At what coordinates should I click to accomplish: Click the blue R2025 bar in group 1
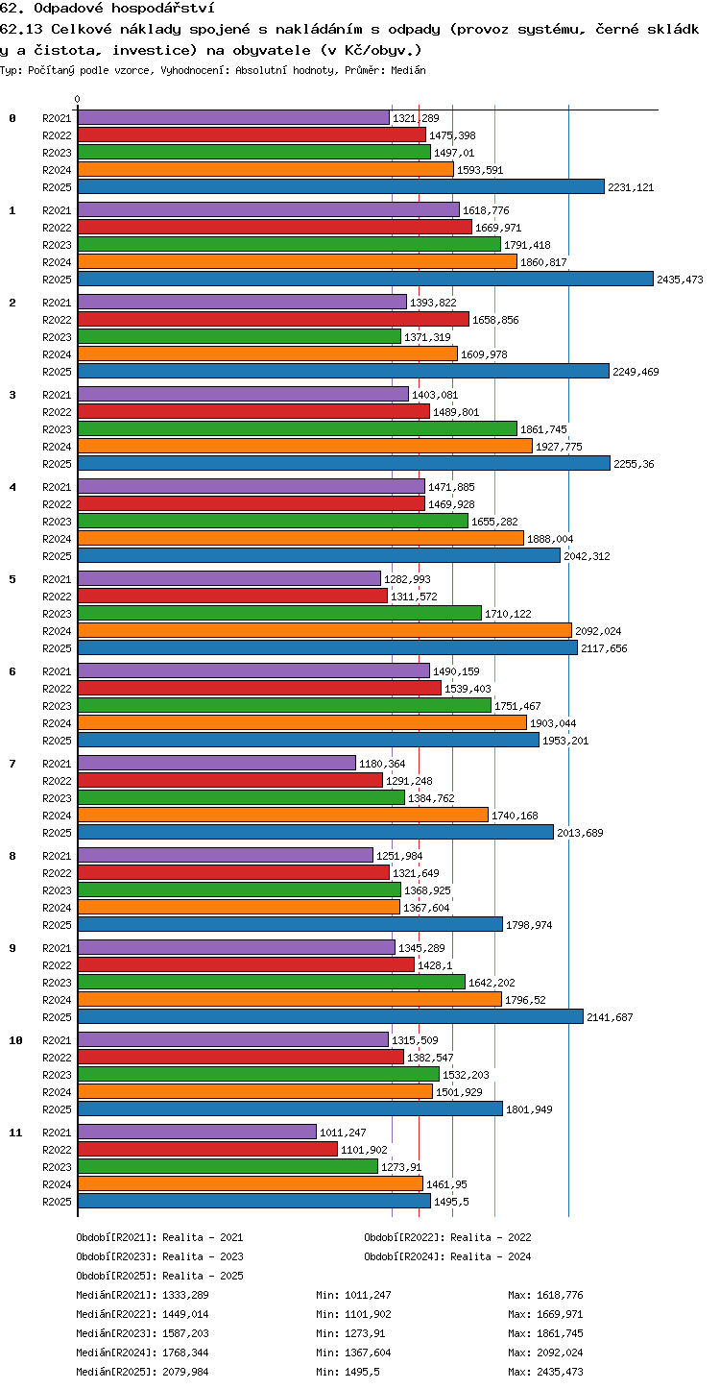366,279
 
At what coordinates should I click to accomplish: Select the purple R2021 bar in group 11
197,1132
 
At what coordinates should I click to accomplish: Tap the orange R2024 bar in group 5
324,631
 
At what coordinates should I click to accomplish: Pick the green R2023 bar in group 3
298,428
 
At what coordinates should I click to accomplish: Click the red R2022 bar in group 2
274,319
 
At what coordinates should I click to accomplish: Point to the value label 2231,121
631,187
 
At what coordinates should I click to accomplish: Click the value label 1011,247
343,1133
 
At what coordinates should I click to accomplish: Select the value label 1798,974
529,924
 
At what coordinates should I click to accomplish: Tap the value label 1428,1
435,964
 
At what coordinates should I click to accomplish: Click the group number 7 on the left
12,764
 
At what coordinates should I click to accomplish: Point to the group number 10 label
15,1040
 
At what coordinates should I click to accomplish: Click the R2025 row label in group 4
57,556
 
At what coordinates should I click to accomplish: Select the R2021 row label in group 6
57,670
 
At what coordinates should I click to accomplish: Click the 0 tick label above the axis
78,99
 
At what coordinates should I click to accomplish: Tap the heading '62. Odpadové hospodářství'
108,8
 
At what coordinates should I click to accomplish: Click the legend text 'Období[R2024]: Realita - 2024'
447,1256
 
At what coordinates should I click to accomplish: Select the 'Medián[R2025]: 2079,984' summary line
142,1372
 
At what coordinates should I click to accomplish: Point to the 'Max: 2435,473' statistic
545,1372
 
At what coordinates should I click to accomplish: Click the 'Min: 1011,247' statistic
353,1295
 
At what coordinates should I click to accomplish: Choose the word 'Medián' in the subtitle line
408,70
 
